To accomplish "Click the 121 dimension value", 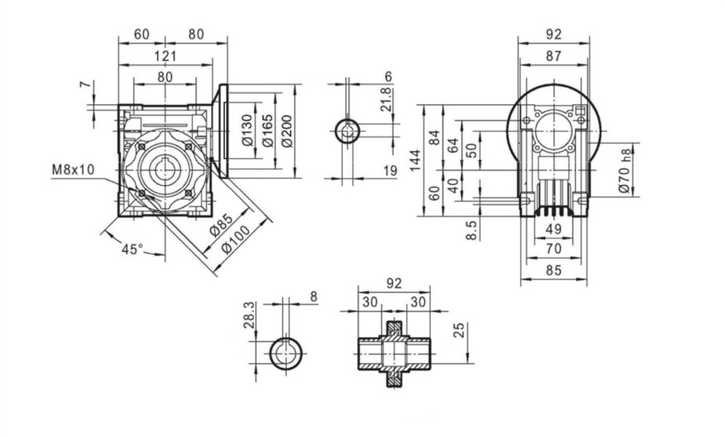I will (165, 56).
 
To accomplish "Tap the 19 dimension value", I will (390, 171).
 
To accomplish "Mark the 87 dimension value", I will (553, 57).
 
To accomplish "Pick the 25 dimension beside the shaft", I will (460, 332).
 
